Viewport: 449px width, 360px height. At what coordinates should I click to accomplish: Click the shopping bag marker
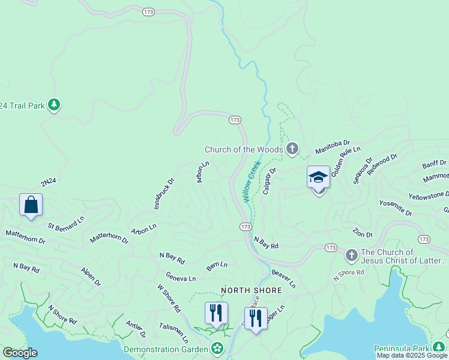[31, 205]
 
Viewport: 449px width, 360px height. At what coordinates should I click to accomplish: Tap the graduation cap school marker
[318, 178]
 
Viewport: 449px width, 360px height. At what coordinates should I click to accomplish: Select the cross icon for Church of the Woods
[292, 149]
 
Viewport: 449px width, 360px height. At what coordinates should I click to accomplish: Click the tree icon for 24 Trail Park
[55, 105]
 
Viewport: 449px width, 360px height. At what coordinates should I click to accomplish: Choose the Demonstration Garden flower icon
[217, 349]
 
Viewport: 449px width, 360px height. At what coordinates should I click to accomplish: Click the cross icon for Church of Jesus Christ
[352, 256]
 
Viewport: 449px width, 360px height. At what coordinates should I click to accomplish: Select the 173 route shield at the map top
[149, 11]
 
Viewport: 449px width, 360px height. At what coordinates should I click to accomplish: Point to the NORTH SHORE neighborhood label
[252, 290]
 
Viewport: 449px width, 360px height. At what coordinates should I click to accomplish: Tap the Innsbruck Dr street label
[163, 193]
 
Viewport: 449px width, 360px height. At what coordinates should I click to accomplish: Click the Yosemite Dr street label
[396, 208]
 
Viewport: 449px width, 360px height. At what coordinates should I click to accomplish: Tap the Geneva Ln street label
[181, 278]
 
